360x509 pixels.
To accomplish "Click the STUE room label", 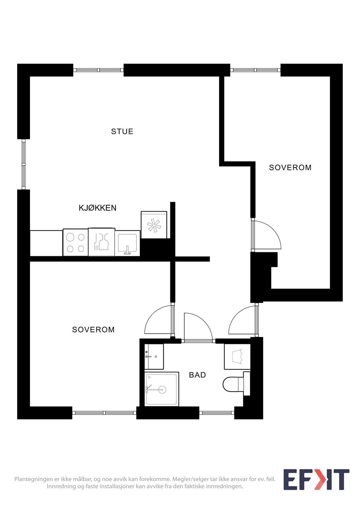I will [122, 131].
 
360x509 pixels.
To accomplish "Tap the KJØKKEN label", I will [97, 208].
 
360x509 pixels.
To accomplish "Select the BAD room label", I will [197, 375].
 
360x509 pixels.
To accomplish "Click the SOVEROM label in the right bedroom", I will [290, 167].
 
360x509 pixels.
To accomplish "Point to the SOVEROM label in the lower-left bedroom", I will [93, 329].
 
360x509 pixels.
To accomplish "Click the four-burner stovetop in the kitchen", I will [75, 242].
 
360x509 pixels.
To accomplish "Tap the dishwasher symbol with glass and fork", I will [102, 242].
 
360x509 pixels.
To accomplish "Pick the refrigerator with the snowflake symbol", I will [154, 225].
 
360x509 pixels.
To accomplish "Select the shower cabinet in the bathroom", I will [161, 389].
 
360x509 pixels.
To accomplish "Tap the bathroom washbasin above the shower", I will [154, 356].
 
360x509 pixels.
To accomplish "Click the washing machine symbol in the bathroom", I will [237, 357].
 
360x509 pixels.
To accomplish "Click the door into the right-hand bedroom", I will [266, 235].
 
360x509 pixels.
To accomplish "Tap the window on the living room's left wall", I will [23, 164].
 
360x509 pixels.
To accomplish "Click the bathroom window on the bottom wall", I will [216, 413].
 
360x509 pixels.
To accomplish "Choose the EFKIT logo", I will [316, 479].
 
